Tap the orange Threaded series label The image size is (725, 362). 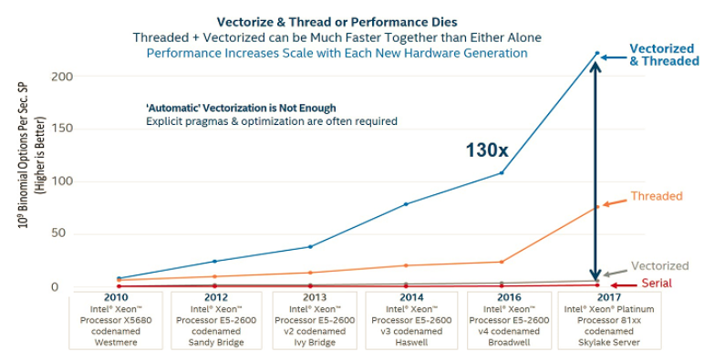pyautogui.click(x=656, y=196)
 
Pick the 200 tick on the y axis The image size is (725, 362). pyautogui.click(x=57, y=76)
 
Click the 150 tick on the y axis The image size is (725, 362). pyautogui.click(x=57, y=129)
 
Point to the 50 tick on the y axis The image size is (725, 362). pyautogui.click(x=60, y=234)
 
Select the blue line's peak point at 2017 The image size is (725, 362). pyautogui.click(x=597, y=54)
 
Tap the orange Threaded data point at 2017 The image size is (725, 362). pyautogui.click(x=597, y=207)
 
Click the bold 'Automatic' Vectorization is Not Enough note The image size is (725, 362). pyautogui.click(x=241, y=108)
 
